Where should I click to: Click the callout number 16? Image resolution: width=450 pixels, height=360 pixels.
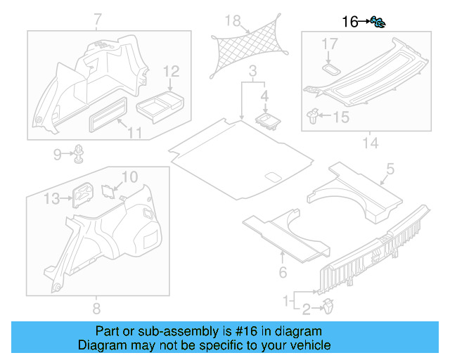(x=349, y=22)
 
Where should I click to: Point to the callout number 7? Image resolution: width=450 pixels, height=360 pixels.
(x=97, y=19)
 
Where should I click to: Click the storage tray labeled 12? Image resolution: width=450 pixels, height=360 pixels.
(x=159, y=103)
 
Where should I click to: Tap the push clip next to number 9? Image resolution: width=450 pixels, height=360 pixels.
(x=79, y=152)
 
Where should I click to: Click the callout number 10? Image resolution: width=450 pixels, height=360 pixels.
(x=130, y=176)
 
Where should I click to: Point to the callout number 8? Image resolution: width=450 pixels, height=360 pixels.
(x=97, y=308)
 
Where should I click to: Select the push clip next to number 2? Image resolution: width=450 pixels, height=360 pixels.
(x=328, y=306)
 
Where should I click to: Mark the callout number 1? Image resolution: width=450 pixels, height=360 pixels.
(x=286, y=300)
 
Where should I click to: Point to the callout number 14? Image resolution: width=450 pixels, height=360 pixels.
(x=370, y=143)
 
